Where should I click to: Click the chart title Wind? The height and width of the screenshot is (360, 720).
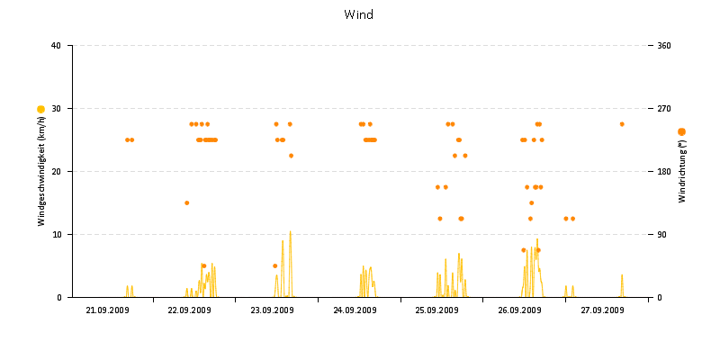click(359, 15)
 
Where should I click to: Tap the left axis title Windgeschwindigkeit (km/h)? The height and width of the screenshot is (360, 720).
click(41, 170)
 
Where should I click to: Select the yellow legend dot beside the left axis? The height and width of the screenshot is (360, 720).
click(40, 109)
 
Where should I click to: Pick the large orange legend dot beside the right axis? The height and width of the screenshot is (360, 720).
click(681, 132)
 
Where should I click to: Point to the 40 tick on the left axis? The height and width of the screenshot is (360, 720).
click(56, 46)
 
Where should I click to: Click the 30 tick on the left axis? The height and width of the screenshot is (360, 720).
click(56, 109)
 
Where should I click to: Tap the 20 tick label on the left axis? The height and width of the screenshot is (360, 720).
click(56, 172)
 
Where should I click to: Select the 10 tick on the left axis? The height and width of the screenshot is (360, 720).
click(56, 235)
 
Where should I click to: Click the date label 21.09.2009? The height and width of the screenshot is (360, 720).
click(107, 310)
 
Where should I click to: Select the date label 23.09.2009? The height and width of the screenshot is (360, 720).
click(272, 310)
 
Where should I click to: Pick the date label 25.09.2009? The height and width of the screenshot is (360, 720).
click(437, 310)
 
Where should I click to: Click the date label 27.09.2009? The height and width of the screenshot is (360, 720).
click(602, 310)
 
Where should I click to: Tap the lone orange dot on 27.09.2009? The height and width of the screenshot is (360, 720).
click(622, 124)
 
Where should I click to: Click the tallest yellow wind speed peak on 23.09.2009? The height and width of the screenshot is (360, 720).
click(290, 232)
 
